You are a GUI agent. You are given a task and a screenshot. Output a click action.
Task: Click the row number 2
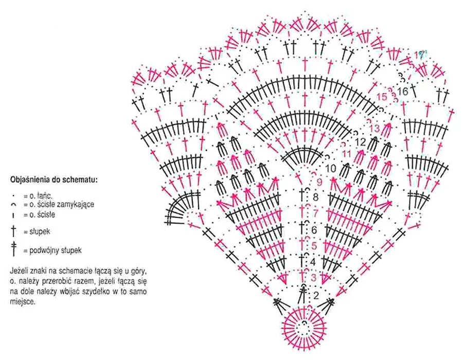(316, 295)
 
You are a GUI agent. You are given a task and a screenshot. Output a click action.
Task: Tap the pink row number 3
(314, 278)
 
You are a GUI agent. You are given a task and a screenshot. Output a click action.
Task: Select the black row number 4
(313, 262)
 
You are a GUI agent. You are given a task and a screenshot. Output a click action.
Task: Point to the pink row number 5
(314, 245)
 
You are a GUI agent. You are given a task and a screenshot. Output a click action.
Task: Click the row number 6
(314, 229)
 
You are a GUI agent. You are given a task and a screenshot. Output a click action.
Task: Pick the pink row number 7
(315, 212)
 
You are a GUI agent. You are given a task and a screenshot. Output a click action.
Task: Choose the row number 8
(315, 196)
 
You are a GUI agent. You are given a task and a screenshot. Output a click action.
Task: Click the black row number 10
(330, 168)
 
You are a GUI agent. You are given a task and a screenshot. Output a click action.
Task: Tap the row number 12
(360, 141)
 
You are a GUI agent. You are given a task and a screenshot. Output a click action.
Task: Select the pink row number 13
(374, 128)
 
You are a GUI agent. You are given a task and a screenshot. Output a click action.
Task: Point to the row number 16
(402, 91)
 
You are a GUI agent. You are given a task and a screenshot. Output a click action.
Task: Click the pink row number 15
(381, 96)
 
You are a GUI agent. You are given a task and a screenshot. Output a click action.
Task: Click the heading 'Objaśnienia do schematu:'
(54, 180)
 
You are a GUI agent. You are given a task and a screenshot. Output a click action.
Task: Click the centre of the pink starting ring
(305, 325)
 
